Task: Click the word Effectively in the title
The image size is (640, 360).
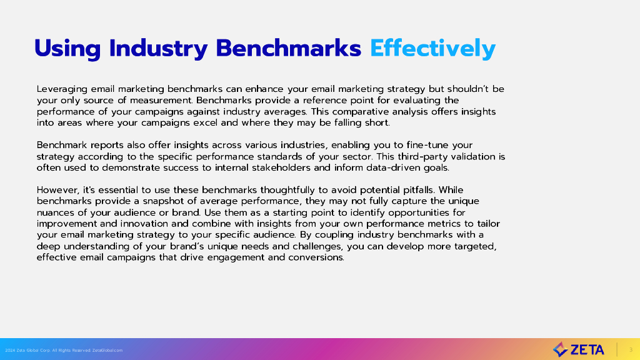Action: (x=432, y=48)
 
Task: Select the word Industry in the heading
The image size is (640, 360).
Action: (x=158, y=48)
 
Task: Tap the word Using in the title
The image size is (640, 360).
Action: (x=67, y=49)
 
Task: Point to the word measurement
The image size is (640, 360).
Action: (x=161, y=100)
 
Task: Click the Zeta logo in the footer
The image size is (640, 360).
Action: (x=578, y=349)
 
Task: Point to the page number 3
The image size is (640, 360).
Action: (x=631, y=350)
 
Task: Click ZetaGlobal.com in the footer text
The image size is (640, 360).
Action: (x=107, y=350)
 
